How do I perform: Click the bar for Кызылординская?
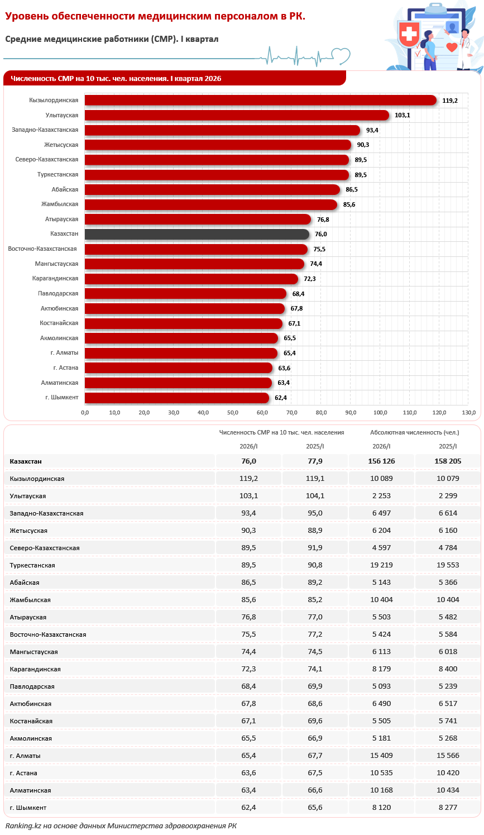point(261,101)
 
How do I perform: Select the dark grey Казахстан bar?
point(197,234)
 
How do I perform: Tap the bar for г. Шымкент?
point(176,398)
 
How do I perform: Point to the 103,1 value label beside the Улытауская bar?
point(402,115)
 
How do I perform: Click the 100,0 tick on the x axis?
point(380,413)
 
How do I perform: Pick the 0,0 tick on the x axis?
point(85,413)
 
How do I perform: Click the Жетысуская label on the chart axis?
point(61,145)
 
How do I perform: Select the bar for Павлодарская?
point(185,294)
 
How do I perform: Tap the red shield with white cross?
point(409,34)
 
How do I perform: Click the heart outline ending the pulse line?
point(341,56)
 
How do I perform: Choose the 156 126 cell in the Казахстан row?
point(381,461)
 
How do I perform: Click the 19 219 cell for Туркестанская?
point(381,565)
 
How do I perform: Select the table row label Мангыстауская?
point(34,652)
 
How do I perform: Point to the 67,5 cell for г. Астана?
point(315,773)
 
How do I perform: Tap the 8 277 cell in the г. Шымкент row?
point(448,808)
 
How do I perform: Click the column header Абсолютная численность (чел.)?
point(414,432)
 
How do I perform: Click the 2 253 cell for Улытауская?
point(381,496)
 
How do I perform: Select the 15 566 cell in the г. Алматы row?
point(448,756)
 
